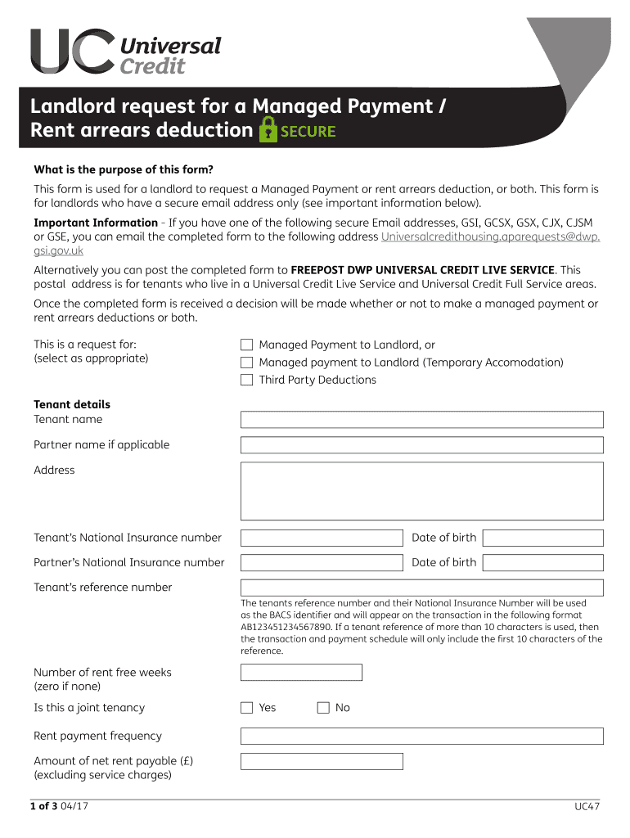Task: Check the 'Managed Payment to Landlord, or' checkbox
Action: (246, 345)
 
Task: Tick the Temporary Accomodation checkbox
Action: (246, 363)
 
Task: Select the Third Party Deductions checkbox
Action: (246, 380)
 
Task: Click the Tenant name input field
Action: (421, 420)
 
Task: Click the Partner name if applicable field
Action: (421, 445)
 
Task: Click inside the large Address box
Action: (421, 491)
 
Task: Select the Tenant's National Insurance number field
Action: (322, 538)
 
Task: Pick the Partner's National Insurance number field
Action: (322, 562)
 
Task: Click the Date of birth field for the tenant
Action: (542, 538)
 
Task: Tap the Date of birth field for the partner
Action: (542, 562)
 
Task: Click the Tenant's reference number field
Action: (421, 588)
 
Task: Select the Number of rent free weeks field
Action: (301, 673)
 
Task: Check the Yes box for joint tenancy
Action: (246, 708)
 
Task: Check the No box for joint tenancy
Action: (322, 708)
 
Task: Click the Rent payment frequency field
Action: (421, 737)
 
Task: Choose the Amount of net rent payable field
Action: (322, 762)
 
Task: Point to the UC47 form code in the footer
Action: (587, 808)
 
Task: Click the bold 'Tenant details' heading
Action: (72, 404)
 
